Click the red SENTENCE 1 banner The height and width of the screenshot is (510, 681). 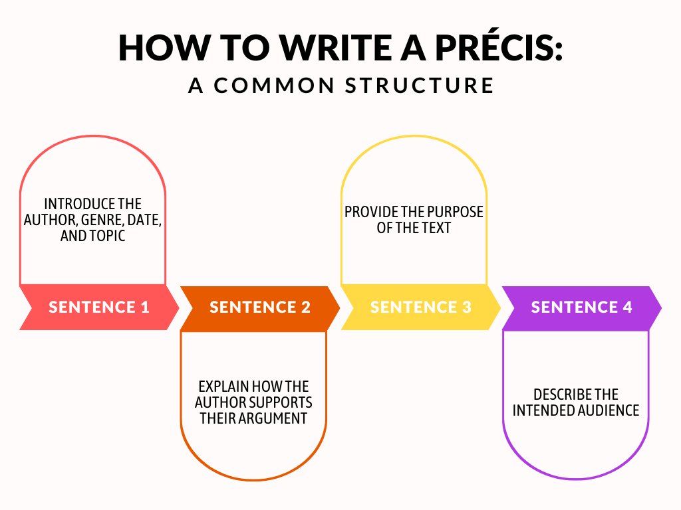[99, 307]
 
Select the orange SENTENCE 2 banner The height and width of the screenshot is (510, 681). [260, 307]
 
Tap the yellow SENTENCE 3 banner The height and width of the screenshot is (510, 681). [421, 307]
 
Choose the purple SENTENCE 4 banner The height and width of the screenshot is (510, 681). [582, 307]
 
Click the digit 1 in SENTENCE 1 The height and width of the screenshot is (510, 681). [144, 307]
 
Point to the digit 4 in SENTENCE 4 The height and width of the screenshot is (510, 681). [626, 307]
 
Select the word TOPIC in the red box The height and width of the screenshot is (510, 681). [108, 236]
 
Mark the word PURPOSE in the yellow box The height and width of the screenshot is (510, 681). [459, 212]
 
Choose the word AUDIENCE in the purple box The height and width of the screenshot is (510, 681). [608, 410]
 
